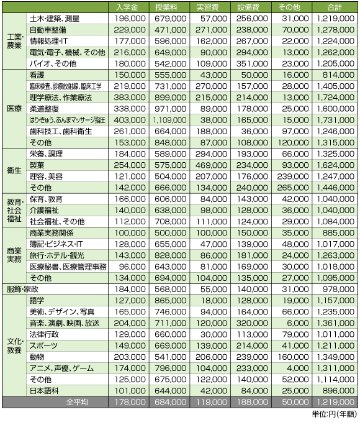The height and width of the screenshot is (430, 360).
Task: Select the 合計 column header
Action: (x=335, y=7)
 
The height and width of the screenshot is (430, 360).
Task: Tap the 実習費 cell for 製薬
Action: (x=211, y=165)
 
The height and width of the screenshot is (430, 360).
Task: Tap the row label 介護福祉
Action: (x=45, y=210)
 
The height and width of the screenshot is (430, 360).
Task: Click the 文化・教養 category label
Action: (x=14, y=345)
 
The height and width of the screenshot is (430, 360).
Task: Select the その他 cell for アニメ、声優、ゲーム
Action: (x=294, y=368)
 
